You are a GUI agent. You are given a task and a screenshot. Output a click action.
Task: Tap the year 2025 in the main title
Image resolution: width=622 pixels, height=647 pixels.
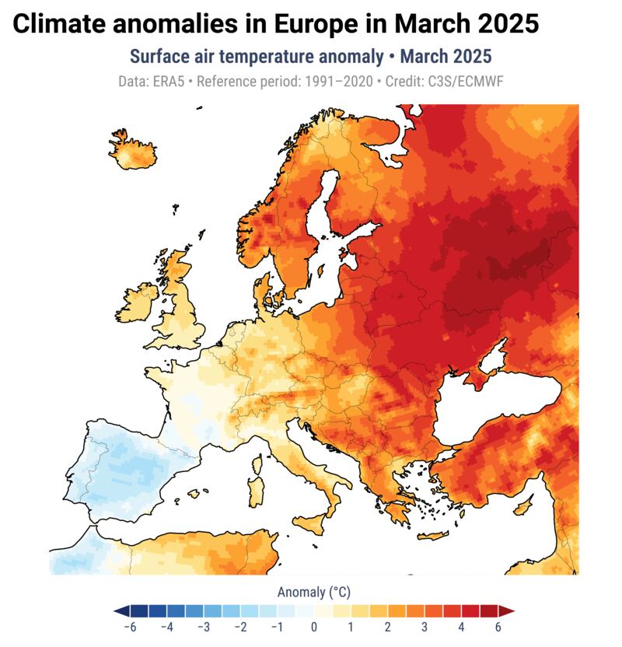(499, 24)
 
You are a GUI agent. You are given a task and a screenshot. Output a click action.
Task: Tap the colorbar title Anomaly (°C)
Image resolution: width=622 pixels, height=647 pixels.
(313, 593)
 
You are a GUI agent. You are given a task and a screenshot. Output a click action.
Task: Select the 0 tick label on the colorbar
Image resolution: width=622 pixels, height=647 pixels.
(314, 628)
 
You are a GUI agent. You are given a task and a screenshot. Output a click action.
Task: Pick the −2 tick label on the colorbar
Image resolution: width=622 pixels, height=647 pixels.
(240, 628)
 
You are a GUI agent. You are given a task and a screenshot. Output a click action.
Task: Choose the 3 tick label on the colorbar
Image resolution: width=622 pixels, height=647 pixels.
(425, 628)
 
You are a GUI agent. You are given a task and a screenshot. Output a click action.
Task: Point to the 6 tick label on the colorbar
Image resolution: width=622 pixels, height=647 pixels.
(498, 628)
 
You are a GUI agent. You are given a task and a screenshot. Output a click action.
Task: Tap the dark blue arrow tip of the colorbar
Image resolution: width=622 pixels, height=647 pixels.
(117, 610)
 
